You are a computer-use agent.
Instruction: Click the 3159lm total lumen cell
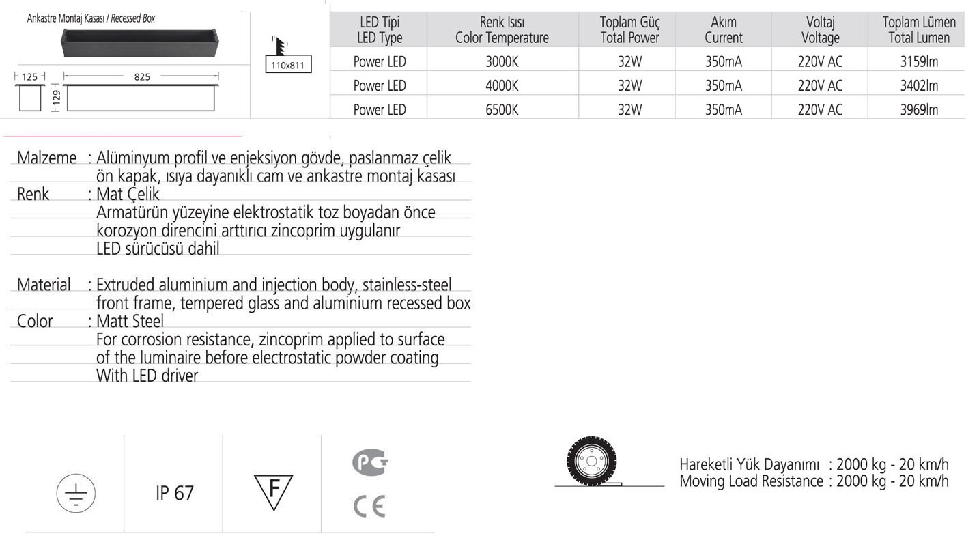(919, 61)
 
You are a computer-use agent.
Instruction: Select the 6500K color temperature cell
(502, 109)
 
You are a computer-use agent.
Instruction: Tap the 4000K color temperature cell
(502, 85)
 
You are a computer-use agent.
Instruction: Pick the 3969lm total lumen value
(919, 109)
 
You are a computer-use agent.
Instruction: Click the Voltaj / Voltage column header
(820, 30)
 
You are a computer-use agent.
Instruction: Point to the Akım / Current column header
(723, 30)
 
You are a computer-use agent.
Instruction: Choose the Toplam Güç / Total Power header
(629, 30)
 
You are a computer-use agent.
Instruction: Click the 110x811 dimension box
(287, 66)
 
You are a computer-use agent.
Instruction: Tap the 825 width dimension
(141, 77)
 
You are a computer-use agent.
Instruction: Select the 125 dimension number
(29, 77)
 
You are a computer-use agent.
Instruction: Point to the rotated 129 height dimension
(57, 98)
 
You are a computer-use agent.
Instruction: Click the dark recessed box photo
(140, 42)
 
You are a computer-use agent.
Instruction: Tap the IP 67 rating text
(175, 493)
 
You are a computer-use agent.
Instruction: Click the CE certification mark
(369, 507)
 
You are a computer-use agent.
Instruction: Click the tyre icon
(587, 462)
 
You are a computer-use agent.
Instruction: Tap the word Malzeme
(46, 158)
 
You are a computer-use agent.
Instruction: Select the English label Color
(35, 321)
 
